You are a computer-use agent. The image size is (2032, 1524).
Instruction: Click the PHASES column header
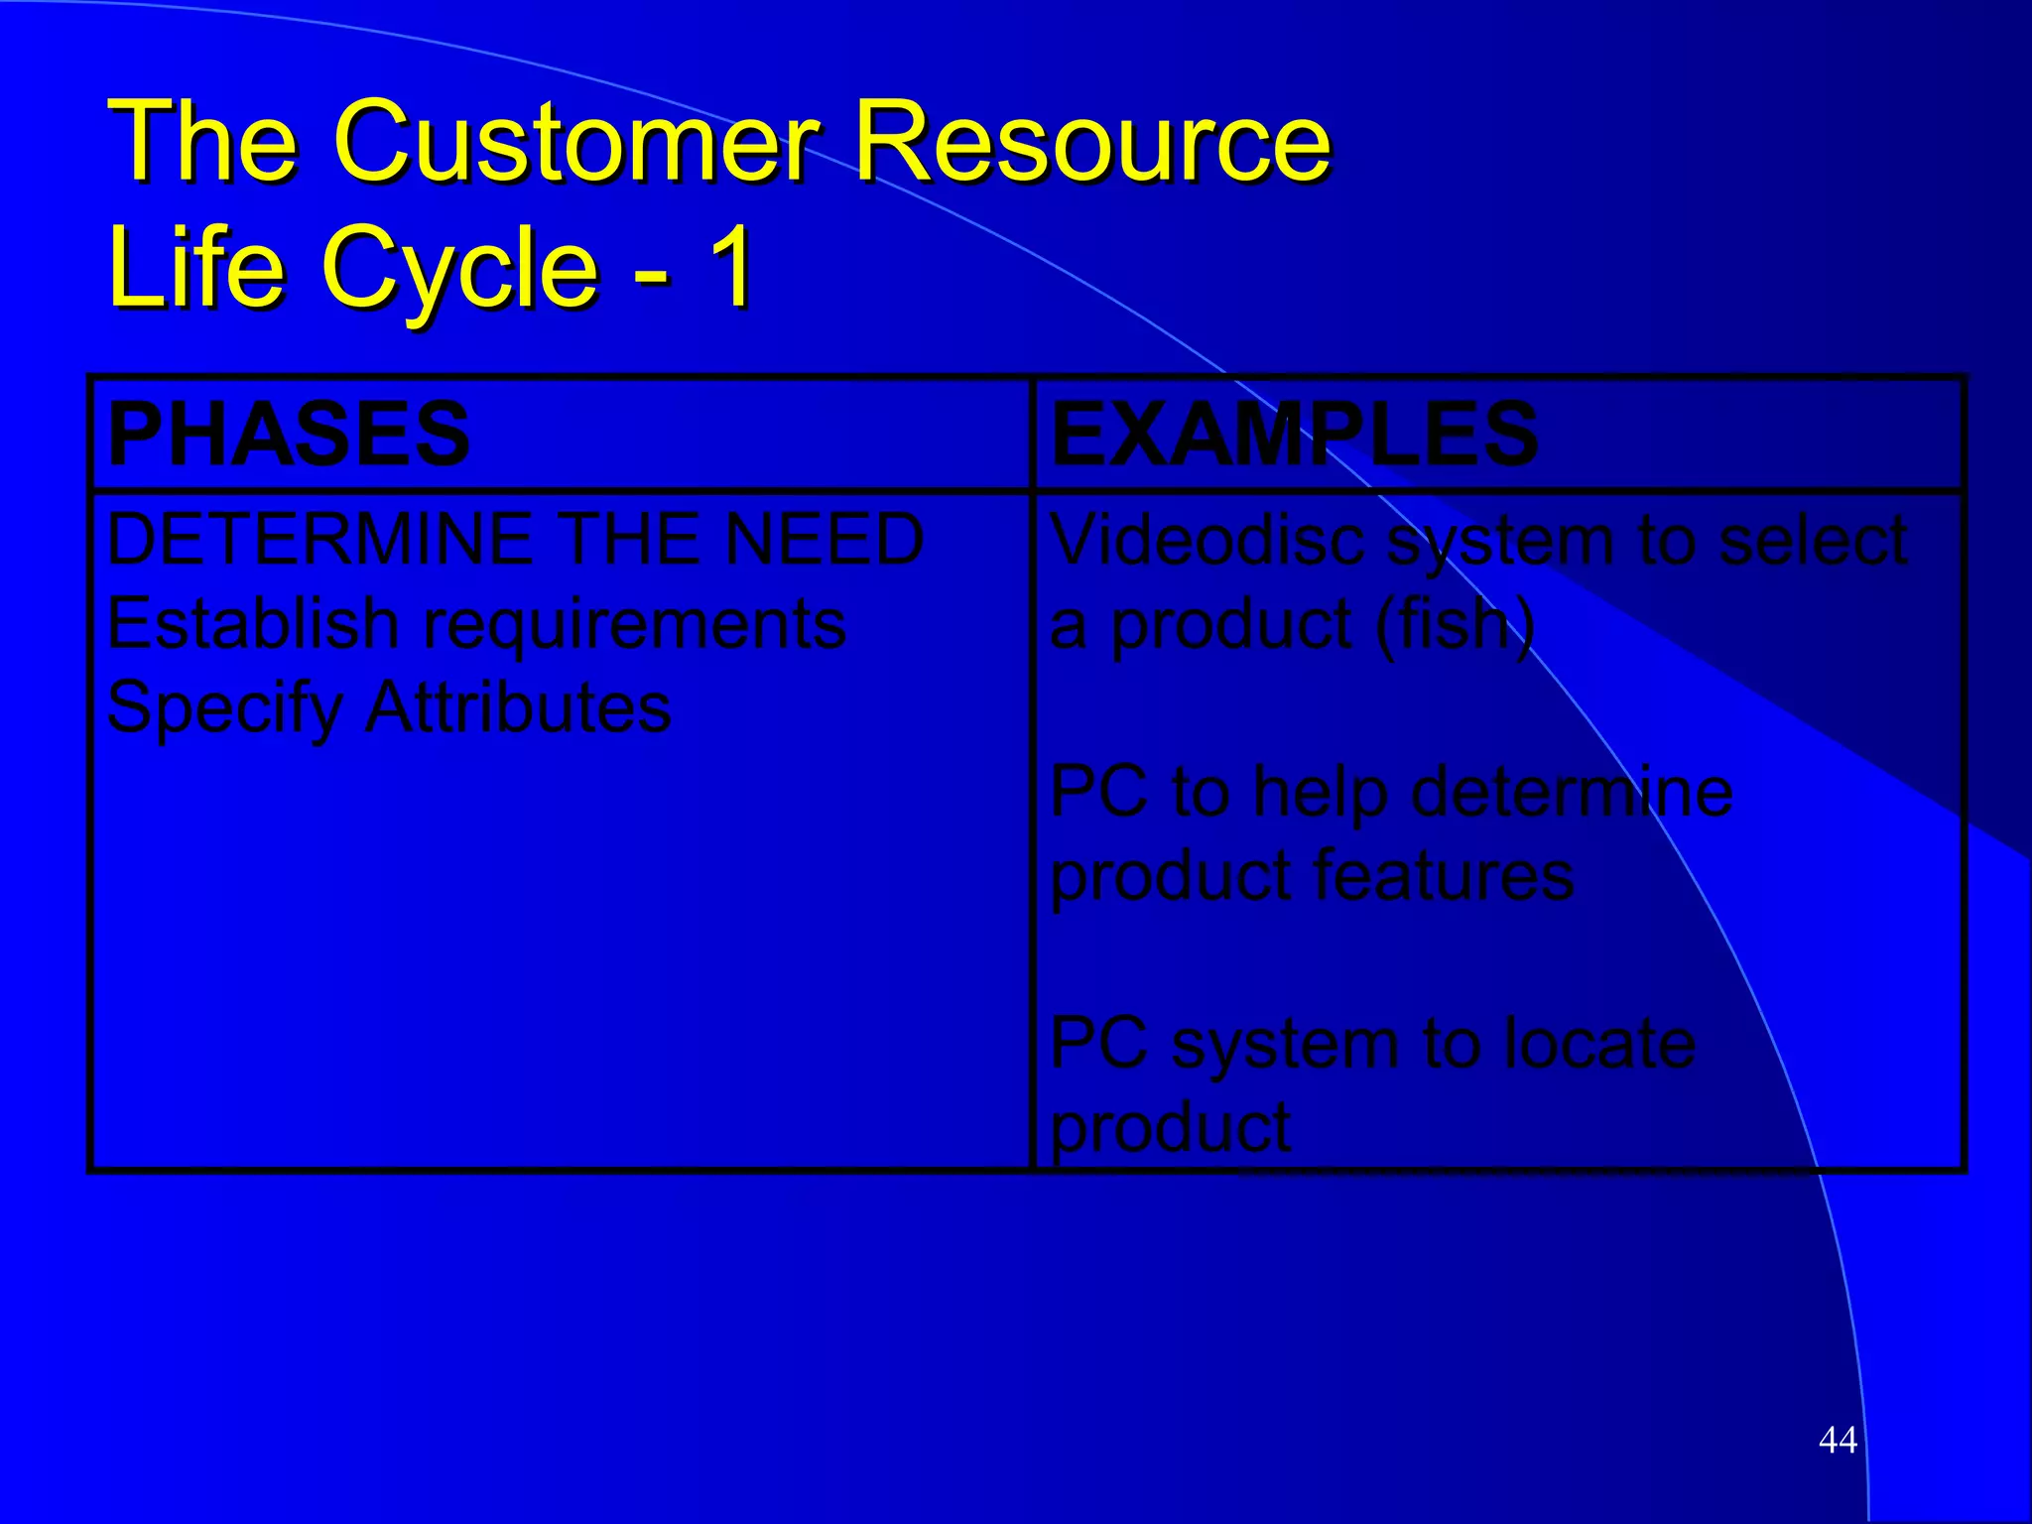pos(288,434)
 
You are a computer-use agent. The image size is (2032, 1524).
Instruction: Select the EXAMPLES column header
pos(1294,434)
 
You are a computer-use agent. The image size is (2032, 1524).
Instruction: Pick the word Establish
pos(252,624)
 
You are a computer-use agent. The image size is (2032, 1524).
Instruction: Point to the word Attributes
pos(518,708)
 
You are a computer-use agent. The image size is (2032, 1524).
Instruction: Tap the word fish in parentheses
pos(1455,624)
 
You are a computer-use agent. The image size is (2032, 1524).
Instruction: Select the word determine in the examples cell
pos(1572,793)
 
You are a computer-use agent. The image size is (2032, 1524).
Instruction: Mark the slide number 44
pos(1838,1440)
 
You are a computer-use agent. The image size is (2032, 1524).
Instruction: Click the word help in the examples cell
pos(1319,795)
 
